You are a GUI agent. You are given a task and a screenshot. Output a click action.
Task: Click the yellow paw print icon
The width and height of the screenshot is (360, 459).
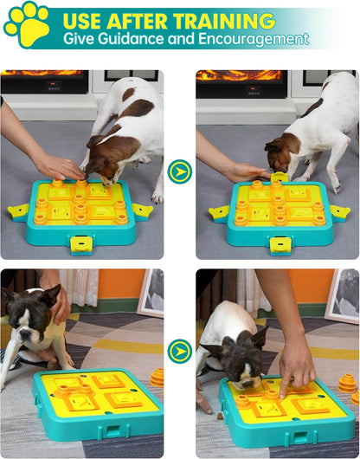pos(27,24)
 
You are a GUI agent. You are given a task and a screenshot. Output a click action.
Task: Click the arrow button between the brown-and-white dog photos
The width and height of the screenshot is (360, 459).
pos(179,171)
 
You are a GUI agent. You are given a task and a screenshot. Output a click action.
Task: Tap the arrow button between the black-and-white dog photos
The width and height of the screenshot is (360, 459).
pos(179,351)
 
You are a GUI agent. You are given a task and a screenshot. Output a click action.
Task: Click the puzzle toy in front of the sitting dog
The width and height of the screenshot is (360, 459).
pos(96,403)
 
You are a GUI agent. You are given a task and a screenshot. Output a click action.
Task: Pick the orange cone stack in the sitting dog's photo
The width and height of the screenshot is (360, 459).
pos(157,378)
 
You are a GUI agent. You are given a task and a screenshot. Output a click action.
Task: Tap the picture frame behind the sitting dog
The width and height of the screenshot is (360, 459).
pos(151,293)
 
